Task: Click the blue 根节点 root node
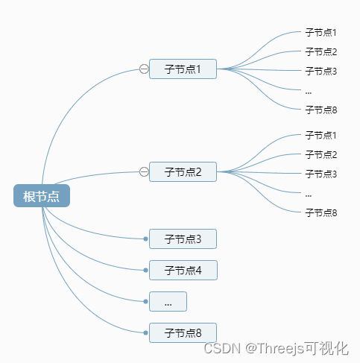tap(42, 196)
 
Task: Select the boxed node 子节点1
tap(183, 69)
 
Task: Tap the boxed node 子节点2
tap(183, 172)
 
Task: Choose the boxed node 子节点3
tap(183, 239)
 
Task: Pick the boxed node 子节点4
tap(183, 270)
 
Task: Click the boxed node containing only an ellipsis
tap(168, 302)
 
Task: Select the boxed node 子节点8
tap(183, 332)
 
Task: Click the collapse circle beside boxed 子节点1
tap(144, 69)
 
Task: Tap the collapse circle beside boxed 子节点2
tap(144, 172)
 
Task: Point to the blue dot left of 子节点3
tap(146, 239)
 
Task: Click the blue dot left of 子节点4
tap(146, 270)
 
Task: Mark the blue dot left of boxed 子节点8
tap(146, 332)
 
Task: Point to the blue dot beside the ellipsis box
tap(146, 302)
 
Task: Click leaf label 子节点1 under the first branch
tap(321, 33)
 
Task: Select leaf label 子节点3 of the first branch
tap(321, 72)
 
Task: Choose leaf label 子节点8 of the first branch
tap(321, 110)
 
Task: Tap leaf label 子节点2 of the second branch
tap(321, 155)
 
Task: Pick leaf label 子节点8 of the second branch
tap(321, 212)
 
